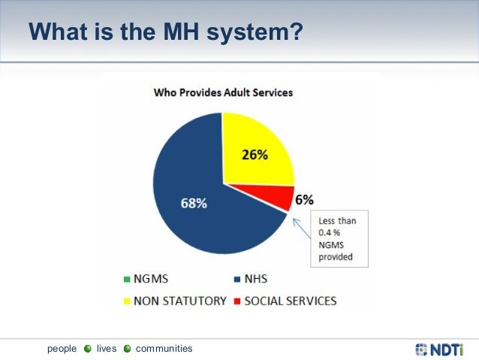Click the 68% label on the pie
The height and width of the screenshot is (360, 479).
[193, 203]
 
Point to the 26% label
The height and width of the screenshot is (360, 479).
[255, 156]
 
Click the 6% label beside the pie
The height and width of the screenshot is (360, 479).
[304, 200]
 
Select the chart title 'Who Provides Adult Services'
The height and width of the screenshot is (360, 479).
[223, 93]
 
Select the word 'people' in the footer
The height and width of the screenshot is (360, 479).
[62, 349]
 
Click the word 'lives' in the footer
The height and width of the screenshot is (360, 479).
[107, 349]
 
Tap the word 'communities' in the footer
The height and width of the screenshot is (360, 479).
[164, 349]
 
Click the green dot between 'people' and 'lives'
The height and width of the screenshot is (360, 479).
[87, 349]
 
